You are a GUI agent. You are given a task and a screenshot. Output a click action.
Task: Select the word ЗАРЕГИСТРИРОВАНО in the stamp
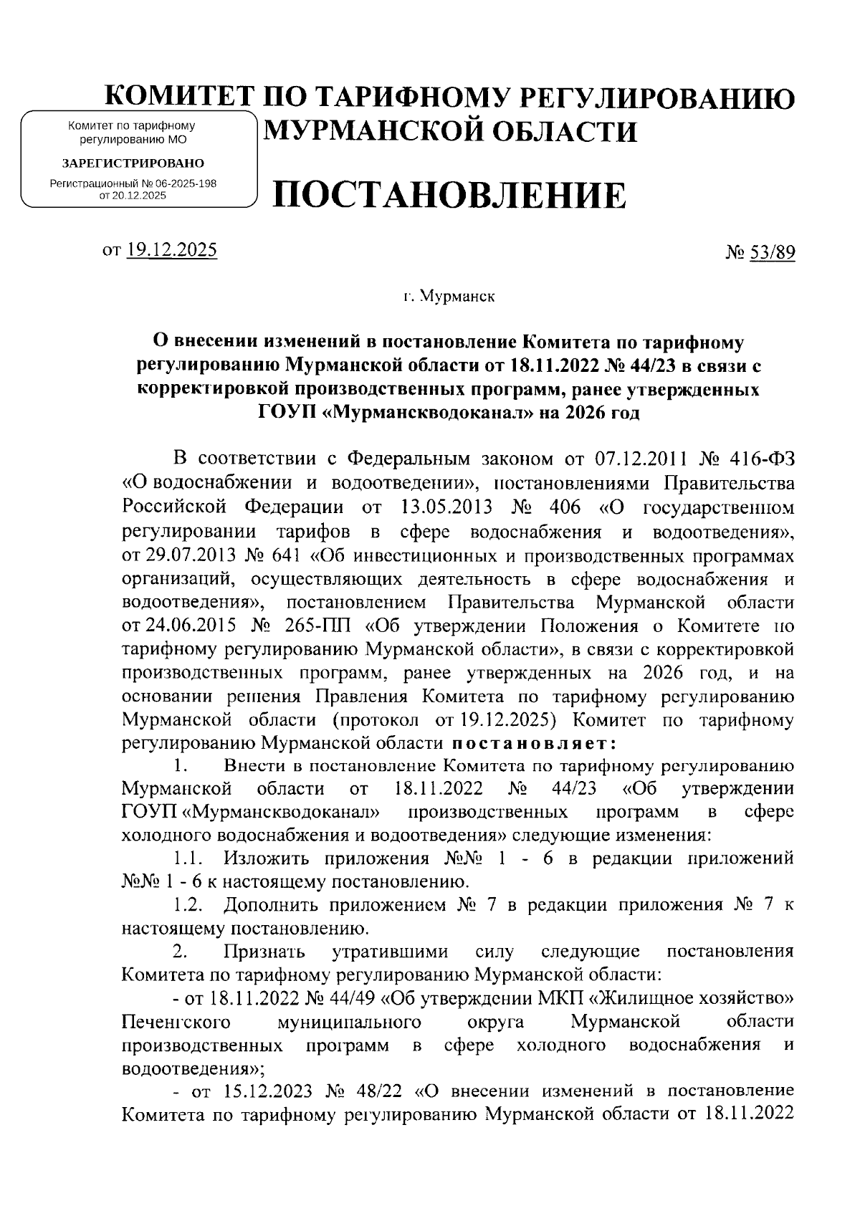(133, 164)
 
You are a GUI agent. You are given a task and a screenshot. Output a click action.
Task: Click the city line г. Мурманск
(447, 296)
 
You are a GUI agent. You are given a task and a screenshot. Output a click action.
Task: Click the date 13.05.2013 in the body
(442, 507)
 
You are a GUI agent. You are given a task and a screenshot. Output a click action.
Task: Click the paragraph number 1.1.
(188, 859)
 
